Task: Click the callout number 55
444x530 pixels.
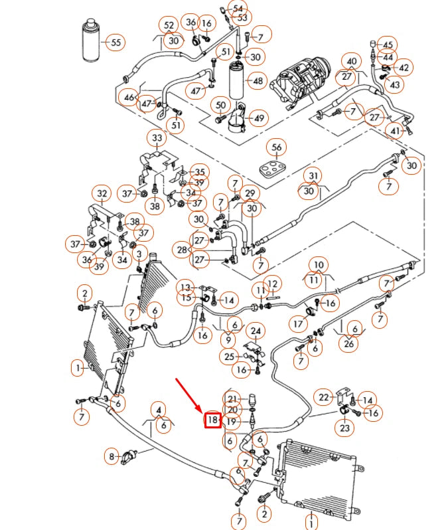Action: [115, 43]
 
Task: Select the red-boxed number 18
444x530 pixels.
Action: [212, 420]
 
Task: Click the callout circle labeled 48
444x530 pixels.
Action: [258, 82]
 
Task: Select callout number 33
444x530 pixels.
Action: [157, 139]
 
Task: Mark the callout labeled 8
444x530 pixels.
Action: [111, 456]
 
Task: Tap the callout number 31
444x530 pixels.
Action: [314, 175]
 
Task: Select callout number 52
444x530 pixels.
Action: [170, 25]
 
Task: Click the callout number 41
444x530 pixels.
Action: [396, 132]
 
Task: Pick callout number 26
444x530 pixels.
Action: [350, 344]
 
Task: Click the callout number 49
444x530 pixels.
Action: [258, 119]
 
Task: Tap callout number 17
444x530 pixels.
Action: [298, 324]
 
